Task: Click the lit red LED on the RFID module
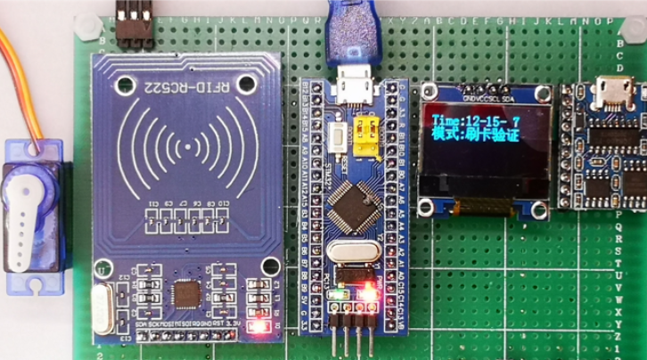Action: (259, 327)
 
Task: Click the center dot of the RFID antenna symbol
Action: (187, 144)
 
